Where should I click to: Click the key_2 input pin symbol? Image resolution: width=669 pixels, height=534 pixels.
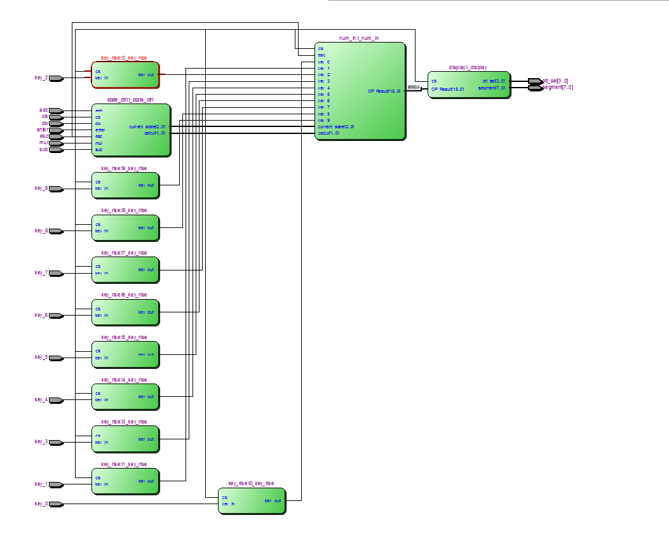(x=56, y=78)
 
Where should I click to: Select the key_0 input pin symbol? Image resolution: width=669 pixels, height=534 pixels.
(x=56, y=504)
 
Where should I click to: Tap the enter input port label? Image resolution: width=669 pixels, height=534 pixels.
(x=43, y=130)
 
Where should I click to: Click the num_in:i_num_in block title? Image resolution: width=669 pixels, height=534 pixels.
(x=359, y=39)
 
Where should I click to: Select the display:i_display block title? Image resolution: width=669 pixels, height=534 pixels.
(x=468, y=67)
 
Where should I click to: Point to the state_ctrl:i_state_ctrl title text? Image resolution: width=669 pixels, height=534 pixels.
(x=130, y=100)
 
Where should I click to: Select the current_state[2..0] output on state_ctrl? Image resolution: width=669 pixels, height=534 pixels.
(x=147, y=127)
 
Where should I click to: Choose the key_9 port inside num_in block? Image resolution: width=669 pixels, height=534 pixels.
(x=324, y=121)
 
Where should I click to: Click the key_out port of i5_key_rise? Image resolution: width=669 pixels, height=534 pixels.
(x=146, y=354)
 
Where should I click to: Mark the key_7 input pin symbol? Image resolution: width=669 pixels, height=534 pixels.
(x=56, y=273)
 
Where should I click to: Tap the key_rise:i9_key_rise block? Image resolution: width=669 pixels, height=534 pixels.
(x=125, y=185)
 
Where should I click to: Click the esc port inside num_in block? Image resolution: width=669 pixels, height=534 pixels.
(x=321, y=55)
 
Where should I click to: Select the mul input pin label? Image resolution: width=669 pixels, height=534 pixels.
(x=43, y=143)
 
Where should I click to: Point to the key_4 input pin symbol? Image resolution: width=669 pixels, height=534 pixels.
(x=56, y=400)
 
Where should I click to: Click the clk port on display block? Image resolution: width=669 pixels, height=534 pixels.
(x=434, y=81)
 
